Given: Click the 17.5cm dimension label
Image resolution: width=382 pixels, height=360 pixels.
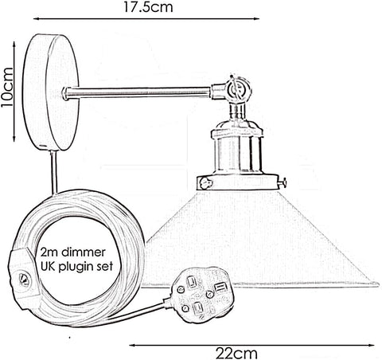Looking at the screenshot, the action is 148,7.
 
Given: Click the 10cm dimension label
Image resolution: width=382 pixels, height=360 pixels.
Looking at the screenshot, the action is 7,88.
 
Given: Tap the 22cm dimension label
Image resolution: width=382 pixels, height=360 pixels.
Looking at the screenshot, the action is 236,354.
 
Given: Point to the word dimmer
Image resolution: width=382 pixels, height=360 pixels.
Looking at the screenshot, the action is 84,252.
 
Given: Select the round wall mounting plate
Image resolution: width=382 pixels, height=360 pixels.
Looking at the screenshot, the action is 51,92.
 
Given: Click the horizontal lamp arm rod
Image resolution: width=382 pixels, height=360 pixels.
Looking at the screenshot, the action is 137,92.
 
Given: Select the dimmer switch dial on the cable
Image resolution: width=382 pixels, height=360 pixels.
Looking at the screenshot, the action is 25,280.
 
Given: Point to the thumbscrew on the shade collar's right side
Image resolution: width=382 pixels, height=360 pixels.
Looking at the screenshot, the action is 283,182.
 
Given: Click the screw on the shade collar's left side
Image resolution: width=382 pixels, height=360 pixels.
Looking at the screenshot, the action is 205,183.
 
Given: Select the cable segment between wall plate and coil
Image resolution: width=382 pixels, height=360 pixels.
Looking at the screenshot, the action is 54,172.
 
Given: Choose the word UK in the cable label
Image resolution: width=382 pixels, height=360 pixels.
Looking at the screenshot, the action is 49,266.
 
